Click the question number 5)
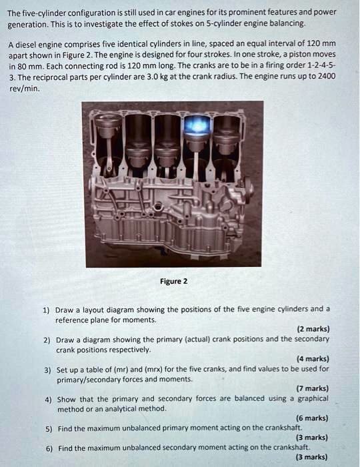[48, 428]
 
